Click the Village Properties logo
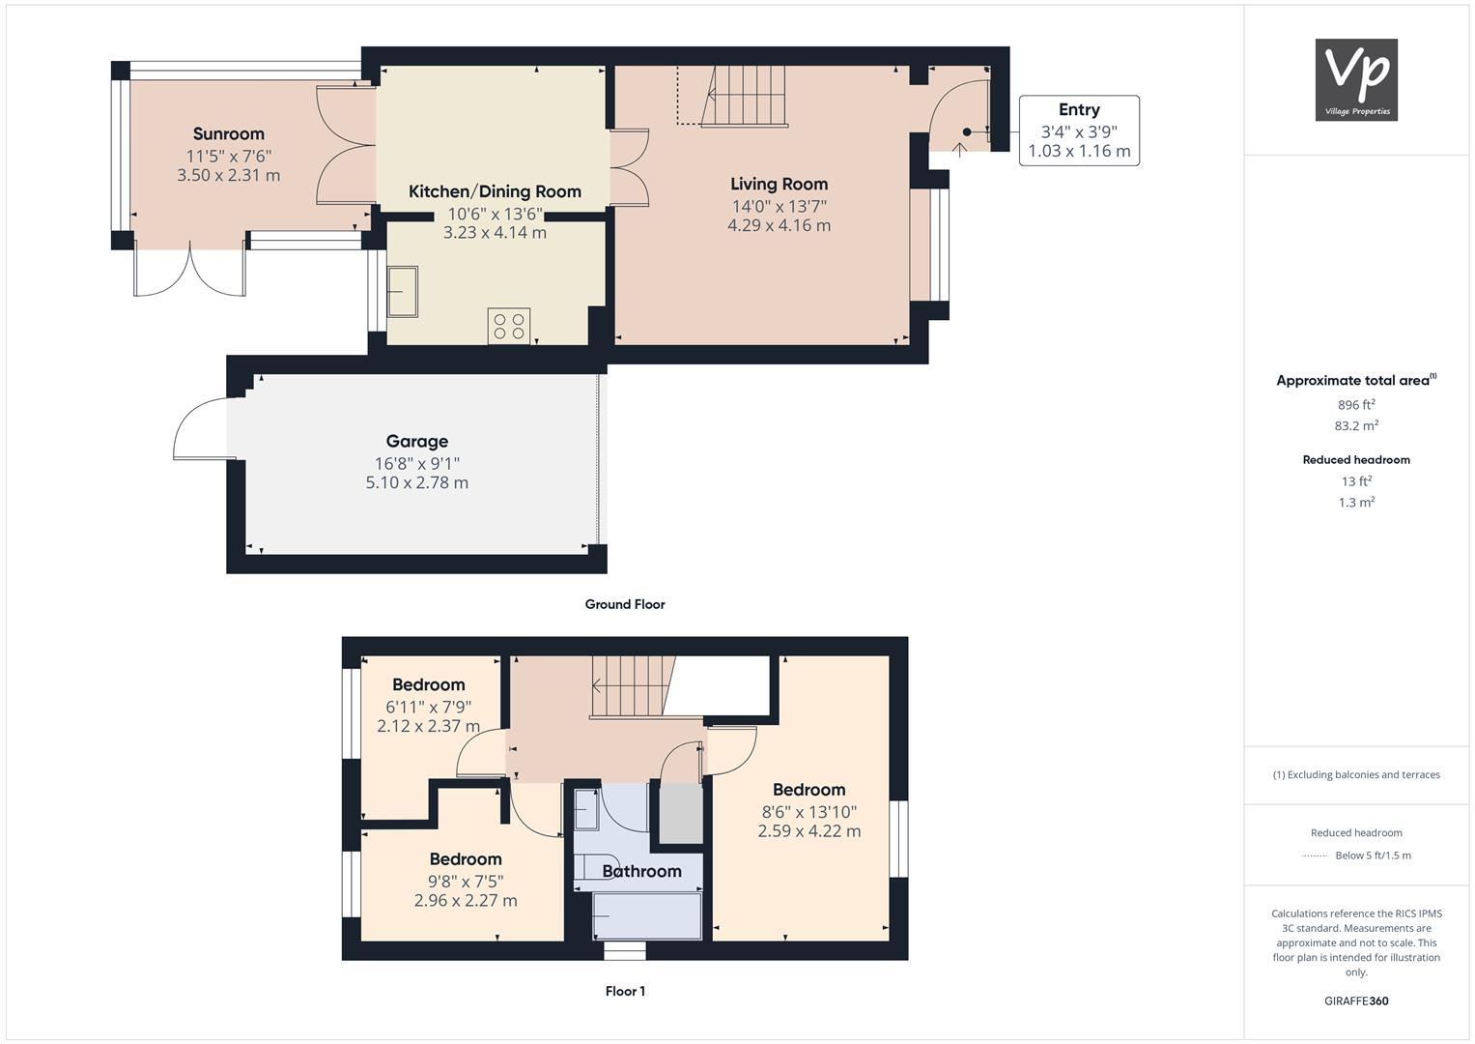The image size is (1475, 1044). click(1356, 79)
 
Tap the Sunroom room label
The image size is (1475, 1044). click(228, 134)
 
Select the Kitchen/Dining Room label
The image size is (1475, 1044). click(495, 191)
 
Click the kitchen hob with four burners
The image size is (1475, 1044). click(508, 326)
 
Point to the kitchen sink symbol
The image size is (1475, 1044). click(403, 292)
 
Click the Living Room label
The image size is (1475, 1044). click(779, 184)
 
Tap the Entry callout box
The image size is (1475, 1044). click(1079, 130)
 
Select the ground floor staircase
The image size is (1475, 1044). click(744, 97)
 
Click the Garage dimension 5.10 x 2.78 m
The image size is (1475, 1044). click(416, 482)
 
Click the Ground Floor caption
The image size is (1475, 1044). click(625, 604)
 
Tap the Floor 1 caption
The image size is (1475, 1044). click(625, 991)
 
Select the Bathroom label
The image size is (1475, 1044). click(641, 871)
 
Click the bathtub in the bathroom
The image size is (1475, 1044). click(646, 915)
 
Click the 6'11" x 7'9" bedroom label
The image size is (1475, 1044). click(428, 685)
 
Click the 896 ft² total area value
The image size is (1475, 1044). click(1356, 405)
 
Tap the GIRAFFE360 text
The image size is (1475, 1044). click(1356, 1000)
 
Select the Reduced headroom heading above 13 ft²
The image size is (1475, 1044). click(1356, 460)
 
